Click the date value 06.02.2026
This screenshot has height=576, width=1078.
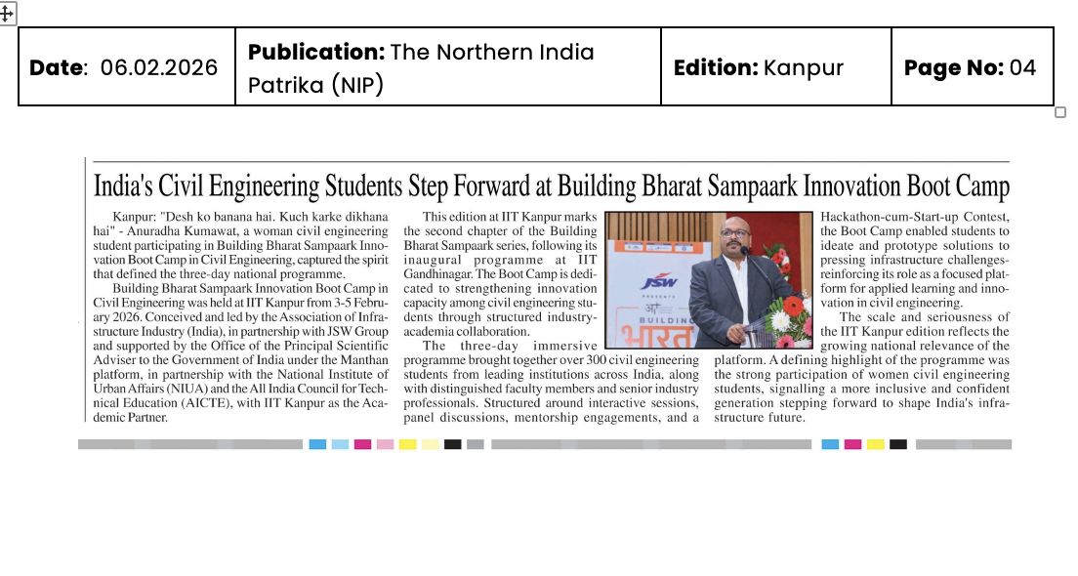tap(159, 67)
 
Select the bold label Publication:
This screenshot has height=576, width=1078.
tap(314, 52)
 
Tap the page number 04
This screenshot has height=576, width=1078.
tap(1022, 67)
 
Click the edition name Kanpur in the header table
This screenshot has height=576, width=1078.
tap(803, 67)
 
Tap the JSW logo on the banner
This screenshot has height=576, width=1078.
tap(660, 283)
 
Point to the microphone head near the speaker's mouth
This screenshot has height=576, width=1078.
tap(744, 251)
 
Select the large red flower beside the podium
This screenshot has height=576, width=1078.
tap(793, 305)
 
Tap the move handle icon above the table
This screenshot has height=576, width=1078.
tap(7, 13)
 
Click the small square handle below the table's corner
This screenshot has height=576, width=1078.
tap(1060, 112)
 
